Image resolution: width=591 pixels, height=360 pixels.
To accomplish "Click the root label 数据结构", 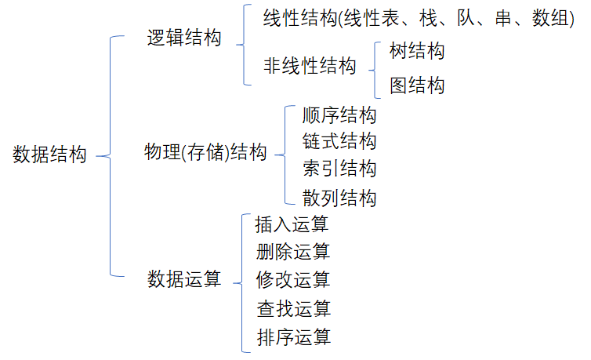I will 50,155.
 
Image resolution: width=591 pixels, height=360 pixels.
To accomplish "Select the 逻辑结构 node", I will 184,38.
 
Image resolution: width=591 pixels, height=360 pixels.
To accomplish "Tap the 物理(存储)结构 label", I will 206,152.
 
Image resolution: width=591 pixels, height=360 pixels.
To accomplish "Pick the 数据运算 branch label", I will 184,279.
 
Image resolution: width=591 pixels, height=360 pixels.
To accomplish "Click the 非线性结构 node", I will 310,66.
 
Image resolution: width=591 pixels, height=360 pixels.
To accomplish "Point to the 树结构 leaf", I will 417,52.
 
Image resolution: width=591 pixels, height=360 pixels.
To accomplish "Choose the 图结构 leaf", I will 417,85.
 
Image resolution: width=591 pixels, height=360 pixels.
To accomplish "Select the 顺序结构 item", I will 339,115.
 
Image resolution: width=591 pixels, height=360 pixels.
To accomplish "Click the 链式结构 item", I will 339,142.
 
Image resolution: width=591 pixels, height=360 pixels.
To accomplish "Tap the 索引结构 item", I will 339,169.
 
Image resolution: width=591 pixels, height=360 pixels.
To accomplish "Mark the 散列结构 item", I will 339,198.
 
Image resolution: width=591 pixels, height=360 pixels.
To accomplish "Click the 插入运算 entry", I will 292,224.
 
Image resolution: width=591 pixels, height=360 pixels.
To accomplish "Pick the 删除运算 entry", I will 292,252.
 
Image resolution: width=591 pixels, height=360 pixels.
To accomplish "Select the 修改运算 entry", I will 292,279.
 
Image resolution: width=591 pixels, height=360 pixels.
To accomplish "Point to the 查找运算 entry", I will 292,308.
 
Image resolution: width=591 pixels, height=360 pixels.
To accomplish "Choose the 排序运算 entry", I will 292,337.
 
